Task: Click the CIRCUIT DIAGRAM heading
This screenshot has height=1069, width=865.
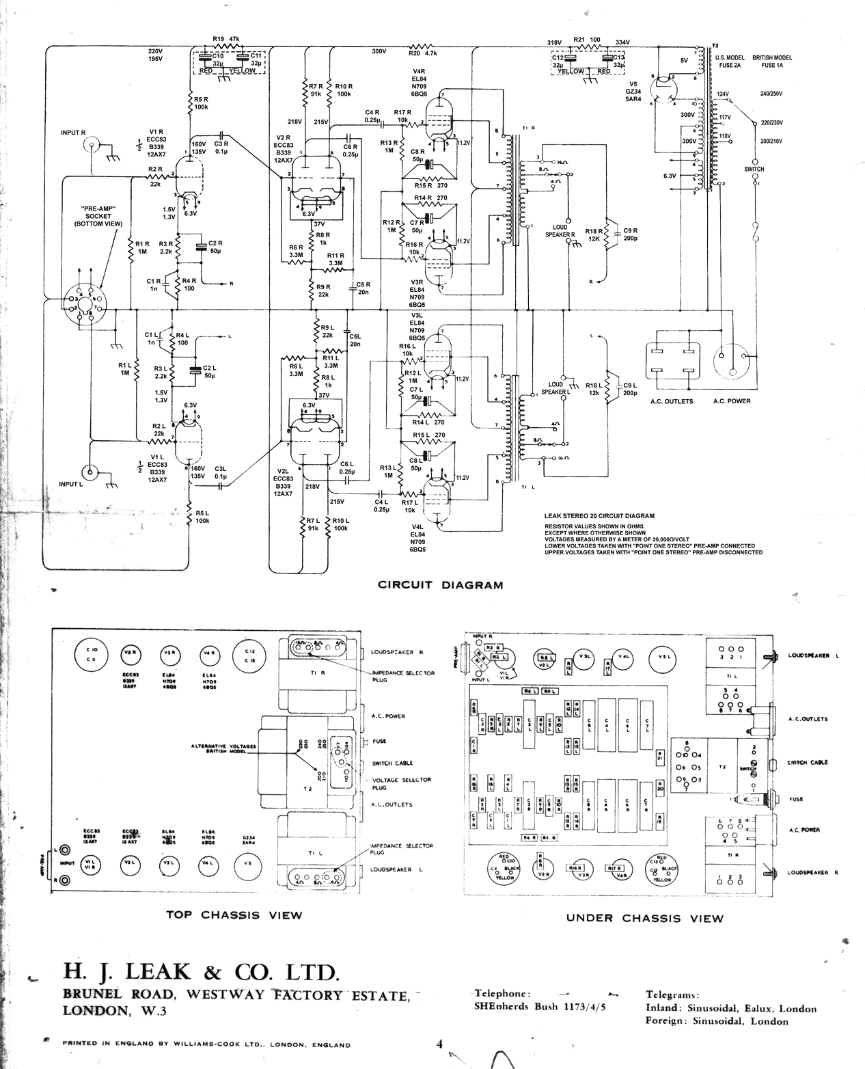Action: point(440,585)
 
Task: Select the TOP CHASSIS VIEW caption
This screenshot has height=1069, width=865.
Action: point(234,915)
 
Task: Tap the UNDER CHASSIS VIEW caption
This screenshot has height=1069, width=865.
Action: point(644,918)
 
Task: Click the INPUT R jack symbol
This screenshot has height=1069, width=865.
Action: point(91,145)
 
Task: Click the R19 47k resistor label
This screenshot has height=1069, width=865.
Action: point(226,39)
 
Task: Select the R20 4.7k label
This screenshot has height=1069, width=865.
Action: point(422,52)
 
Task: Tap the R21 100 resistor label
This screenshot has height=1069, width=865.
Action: point(587,40)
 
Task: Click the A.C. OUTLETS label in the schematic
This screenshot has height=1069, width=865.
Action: point(672,401)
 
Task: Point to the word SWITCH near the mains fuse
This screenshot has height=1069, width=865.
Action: point(754,169)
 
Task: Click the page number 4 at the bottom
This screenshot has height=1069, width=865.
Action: point(441,1044)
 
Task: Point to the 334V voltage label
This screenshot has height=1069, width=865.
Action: point(622,42)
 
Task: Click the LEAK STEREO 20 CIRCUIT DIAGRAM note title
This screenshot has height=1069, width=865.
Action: point(599,516)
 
